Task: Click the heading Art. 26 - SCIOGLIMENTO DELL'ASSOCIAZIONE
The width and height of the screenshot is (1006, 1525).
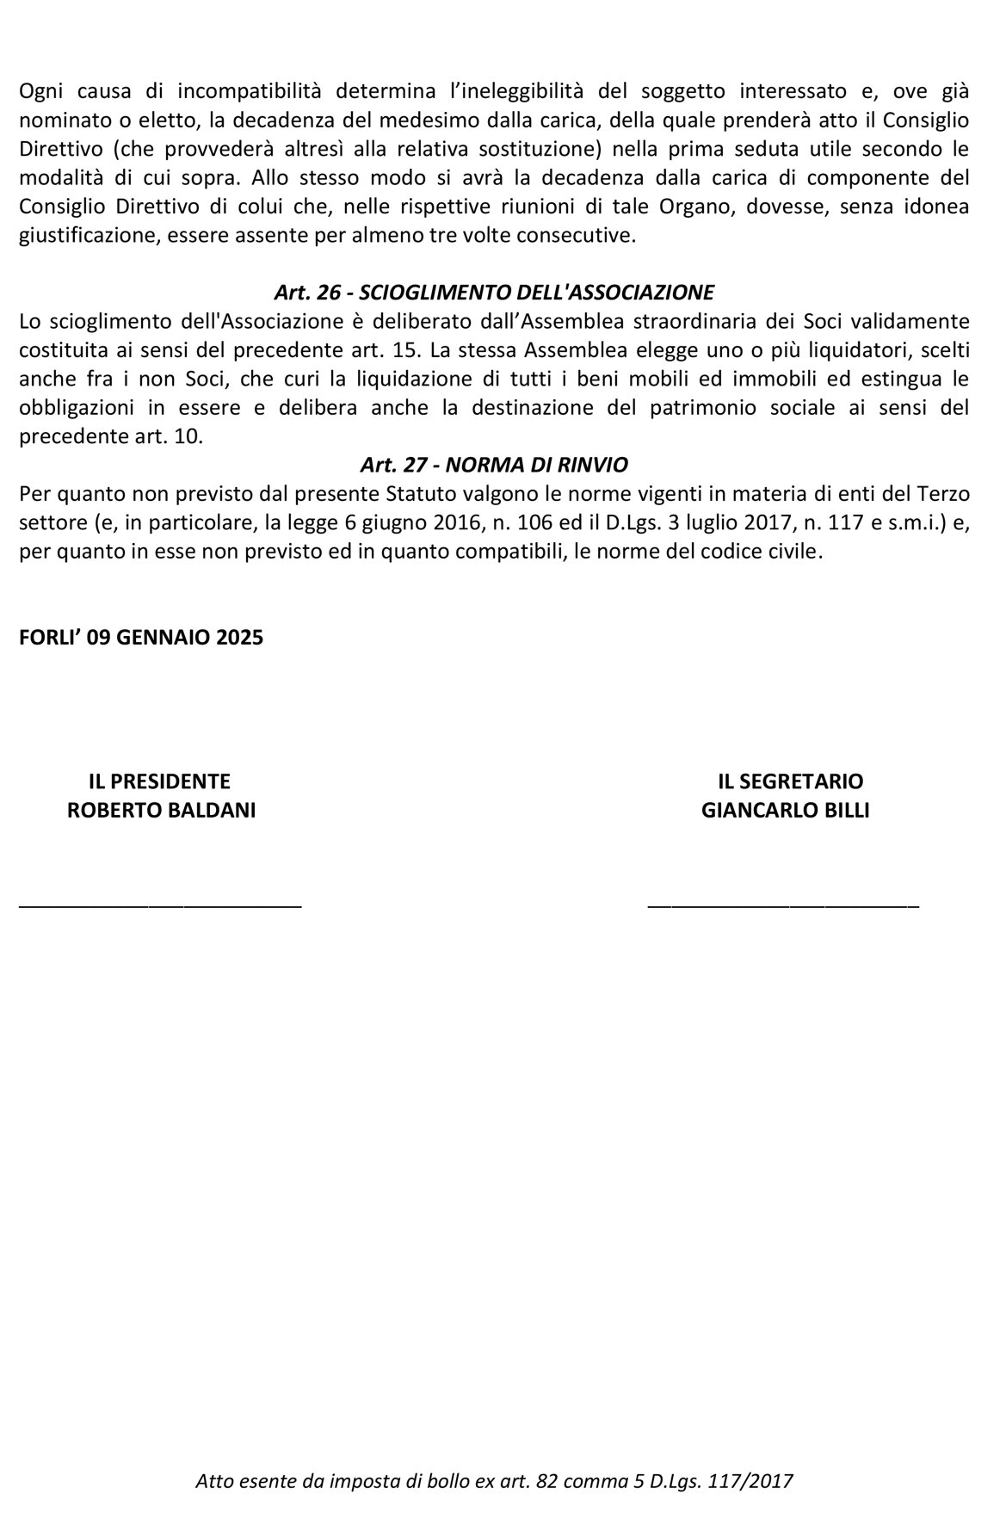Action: (x=494, y=293)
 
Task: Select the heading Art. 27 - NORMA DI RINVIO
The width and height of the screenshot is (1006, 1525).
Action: (x=494, y=465)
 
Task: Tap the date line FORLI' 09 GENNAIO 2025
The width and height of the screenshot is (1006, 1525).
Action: (x=141, y=638)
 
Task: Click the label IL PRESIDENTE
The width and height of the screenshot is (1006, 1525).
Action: (x=160, y=781)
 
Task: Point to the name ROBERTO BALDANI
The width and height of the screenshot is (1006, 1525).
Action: (x=161, y=811)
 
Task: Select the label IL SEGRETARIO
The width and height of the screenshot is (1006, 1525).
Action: (x=790, y=781)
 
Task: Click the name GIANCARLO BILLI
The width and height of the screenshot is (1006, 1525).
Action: (x=785, y=811)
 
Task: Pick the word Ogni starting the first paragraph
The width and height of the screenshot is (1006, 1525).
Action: (x=41, y=90)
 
